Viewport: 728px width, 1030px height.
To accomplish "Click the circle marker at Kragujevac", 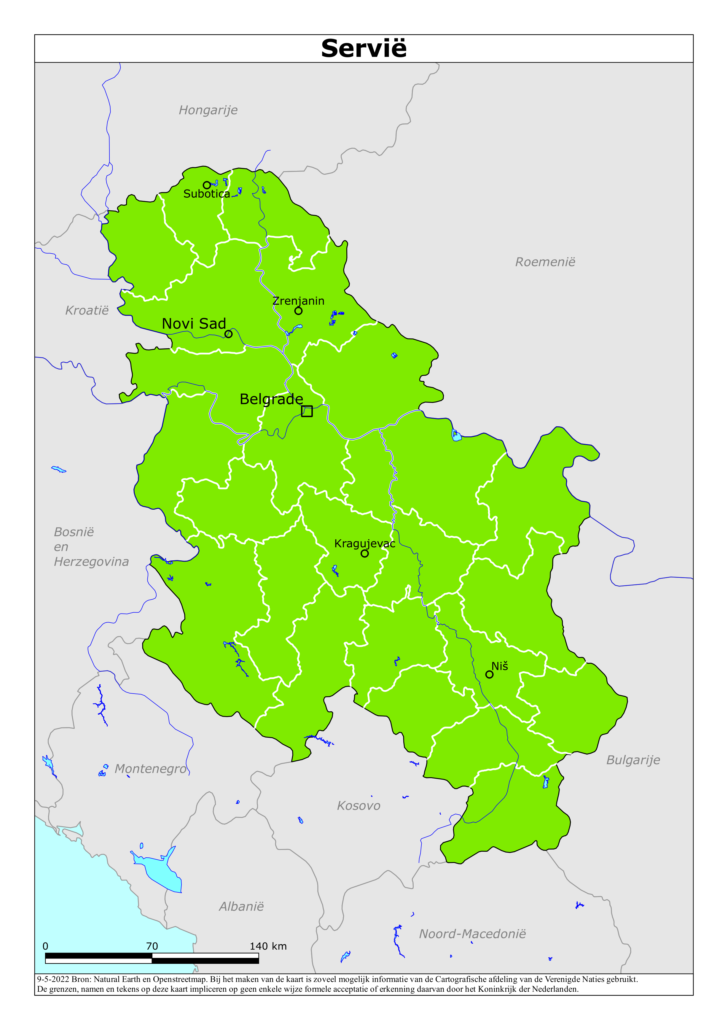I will (365, 554).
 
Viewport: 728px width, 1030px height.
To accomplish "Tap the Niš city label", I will (500, 666).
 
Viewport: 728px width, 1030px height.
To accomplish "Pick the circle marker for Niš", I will (489, 674).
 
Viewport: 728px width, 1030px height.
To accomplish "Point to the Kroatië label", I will (87, 310).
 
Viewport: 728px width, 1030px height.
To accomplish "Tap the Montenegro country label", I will (151, 769).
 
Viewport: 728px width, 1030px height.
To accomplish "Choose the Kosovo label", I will (359, 806).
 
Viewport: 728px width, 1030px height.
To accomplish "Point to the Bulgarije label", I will (633, 760).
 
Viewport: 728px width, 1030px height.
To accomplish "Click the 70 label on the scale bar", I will (152, 946).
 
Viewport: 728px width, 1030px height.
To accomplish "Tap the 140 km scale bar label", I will (268, 946).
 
